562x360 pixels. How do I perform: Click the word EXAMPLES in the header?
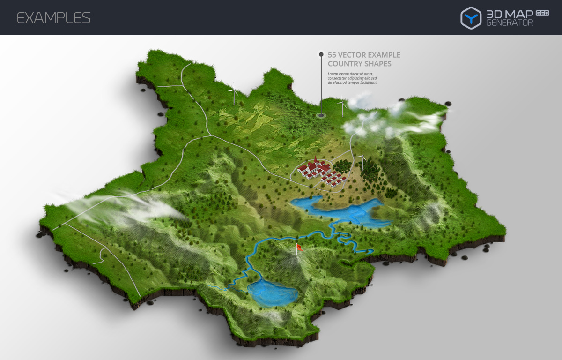point(53,18)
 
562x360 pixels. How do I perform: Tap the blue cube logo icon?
point(471,18)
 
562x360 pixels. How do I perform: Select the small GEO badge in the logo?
point(542,13)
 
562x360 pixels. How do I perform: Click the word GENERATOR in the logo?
point(510,23)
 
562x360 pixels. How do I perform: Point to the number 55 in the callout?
point(332,55)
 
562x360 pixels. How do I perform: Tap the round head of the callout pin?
point(321,54)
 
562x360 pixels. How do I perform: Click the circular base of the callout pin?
point(321,115)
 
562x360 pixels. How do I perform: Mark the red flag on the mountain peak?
point(299,248)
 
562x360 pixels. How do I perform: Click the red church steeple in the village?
point(316,161)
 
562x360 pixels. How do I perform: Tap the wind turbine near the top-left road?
point(233,93)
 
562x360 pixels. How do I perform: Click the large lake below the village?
point(342,210)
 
